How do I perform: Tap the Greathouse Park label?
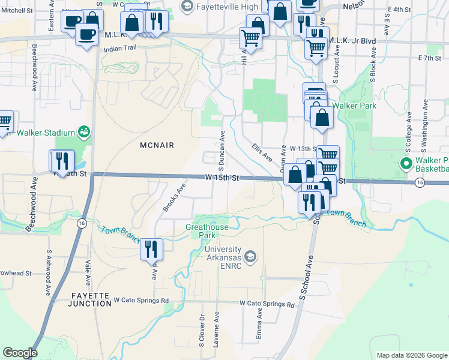pyautogui.click(x=207, y=231)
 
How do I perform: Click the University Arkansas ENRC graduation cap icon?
pyautogui.click(x=250, y=257)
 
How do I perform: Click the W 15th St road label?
pyautogui.click(x=222, y=178)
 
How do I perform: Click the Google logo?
pyautogui.click(x=20, y=353)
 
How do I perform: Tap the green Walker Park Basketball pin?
pyautogui.click(x=405, y=163)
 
